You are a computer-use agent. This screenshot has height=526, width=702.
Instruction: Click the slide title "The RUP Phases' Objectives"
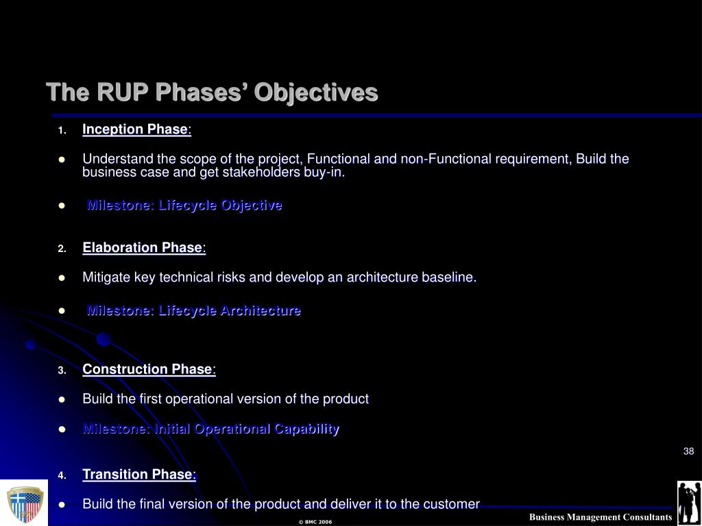(213, 92)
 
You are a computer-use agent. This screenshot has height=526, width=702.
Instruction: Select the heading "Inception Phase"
(135, 129)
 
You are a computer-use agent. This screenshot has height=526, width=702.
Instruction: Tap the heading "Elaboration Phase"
(143, 248)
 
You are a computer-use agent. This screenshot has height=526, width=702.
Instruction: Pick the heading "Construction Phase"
(147, 369)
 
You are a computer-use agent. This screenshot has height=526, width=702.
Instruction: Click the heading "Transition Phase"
(139, 474)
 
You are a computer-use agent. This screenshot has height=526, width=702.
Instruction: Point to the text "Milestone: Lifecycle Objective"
(184, 205)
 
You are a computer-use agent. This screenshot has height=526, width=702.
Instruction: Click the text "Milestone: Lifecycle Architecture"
(193, 310)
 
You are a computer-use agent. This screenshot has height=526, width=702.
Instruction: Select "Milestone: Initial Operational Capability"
(211, 429)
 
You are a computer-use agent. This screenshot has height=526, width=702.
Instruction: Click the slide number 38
(688, 451)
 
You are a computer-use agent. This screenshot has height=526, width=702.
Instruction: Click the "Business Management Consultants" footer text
(601, 517)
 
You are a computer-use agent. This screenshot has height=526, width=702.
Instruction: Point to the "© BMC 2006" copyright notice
(315, 522)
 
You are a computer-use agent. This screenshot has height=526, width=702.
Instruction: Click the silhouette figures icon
(689, 503)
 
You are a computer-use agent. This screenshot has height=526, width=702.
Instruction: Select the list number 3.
(62, 371)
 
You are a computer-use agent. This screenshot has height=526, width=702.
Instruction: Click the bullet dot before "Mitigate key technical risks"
(62, 278)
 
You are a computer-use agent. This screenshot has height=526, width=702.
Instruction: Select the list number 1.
(62, 131)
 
